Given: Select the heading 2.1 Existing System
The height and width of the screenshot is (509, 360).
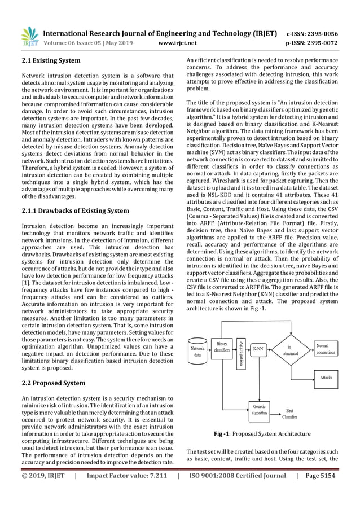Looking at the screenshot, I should [x=50, y=60].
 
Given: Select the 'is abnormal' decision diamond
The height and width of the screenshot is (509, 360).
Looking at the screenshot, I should [x=289, y=350].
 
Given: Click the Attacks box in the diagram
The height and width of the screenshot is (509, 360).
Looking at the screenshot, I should [x=326, y=377].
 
